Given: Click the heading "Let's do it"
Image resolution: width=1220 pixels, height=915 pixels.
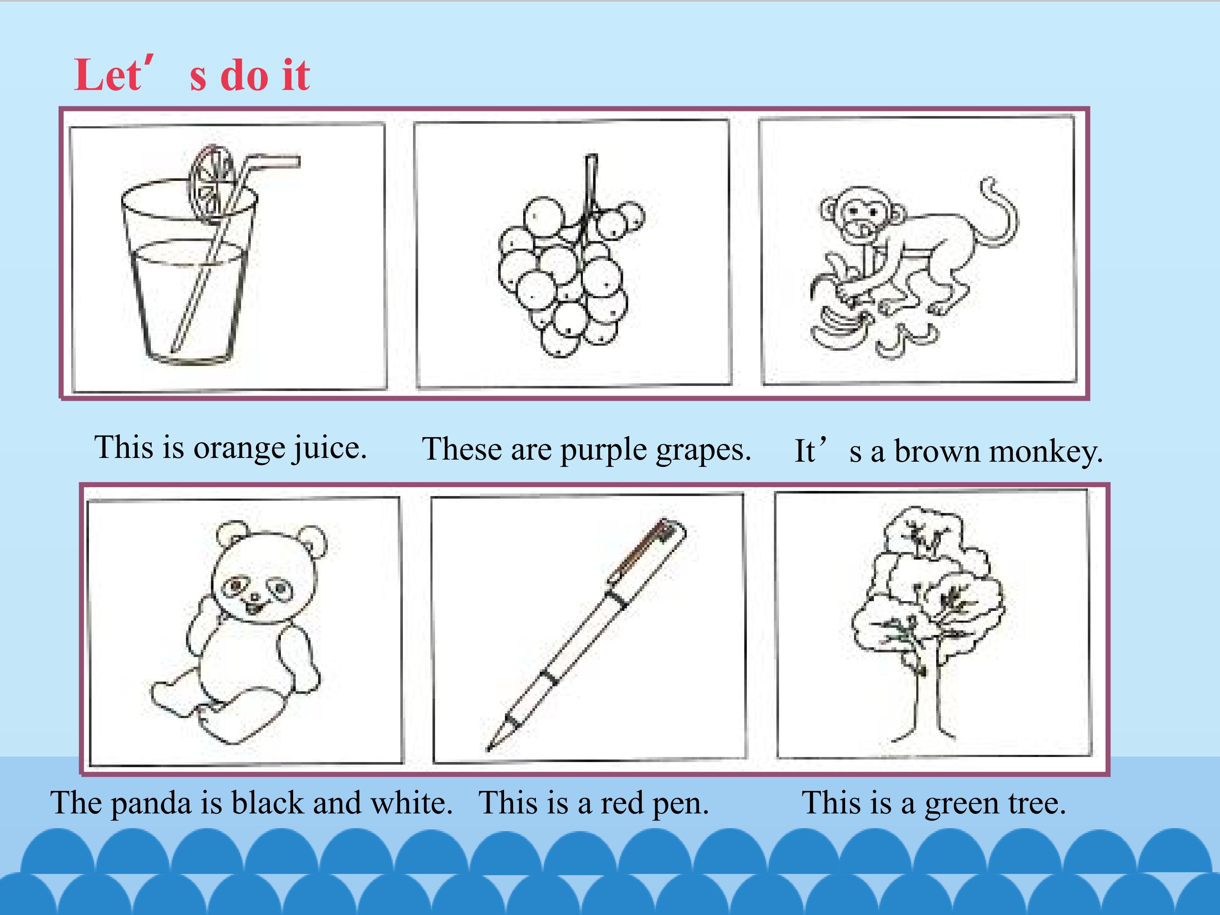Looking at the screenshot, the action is click(192, 75).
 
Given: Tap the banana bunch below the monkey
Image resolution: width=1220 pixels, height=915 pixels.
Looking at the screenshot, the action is click(838, 331).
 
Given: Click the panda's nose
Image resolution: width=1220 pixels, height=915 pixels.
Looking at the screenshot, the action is click(255, 597).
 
